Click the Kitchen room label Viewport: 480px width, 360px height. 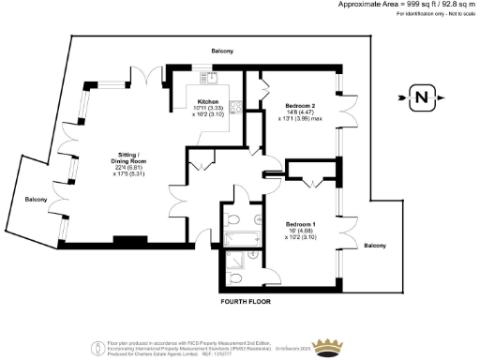tap(207, 101)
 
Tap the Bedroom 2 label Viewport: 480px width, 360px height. tap(298, 106)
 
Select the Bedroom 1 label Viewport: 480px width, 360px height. tap(299, 224)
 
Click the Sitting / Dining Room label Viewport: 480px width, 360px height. tap(127, 157)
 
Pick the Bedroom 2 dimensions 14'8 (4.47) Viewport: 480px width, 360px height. tap(298, 112)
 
